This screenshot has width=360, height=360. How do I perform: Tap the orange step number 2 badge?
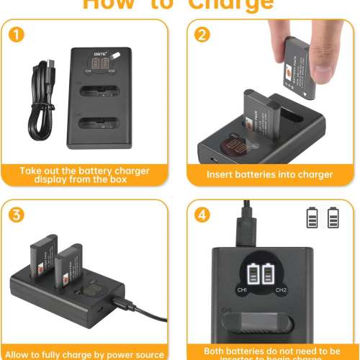click(x=204, y=35)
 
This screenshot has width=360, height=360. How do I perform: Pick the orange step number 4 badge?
click(x=204, y=215)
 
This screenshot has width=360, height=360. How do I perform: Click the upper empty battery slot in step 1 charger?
click(x=101, y=94)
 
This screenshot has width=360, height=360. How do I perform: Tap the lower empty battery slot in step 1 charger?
click(x=101, y=122)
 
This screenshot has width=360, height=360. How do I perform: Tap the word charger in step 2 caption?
click(x=315, y=174)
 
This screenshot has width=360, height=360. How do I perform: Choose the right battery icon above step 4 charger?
click(x=333, y=217)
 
